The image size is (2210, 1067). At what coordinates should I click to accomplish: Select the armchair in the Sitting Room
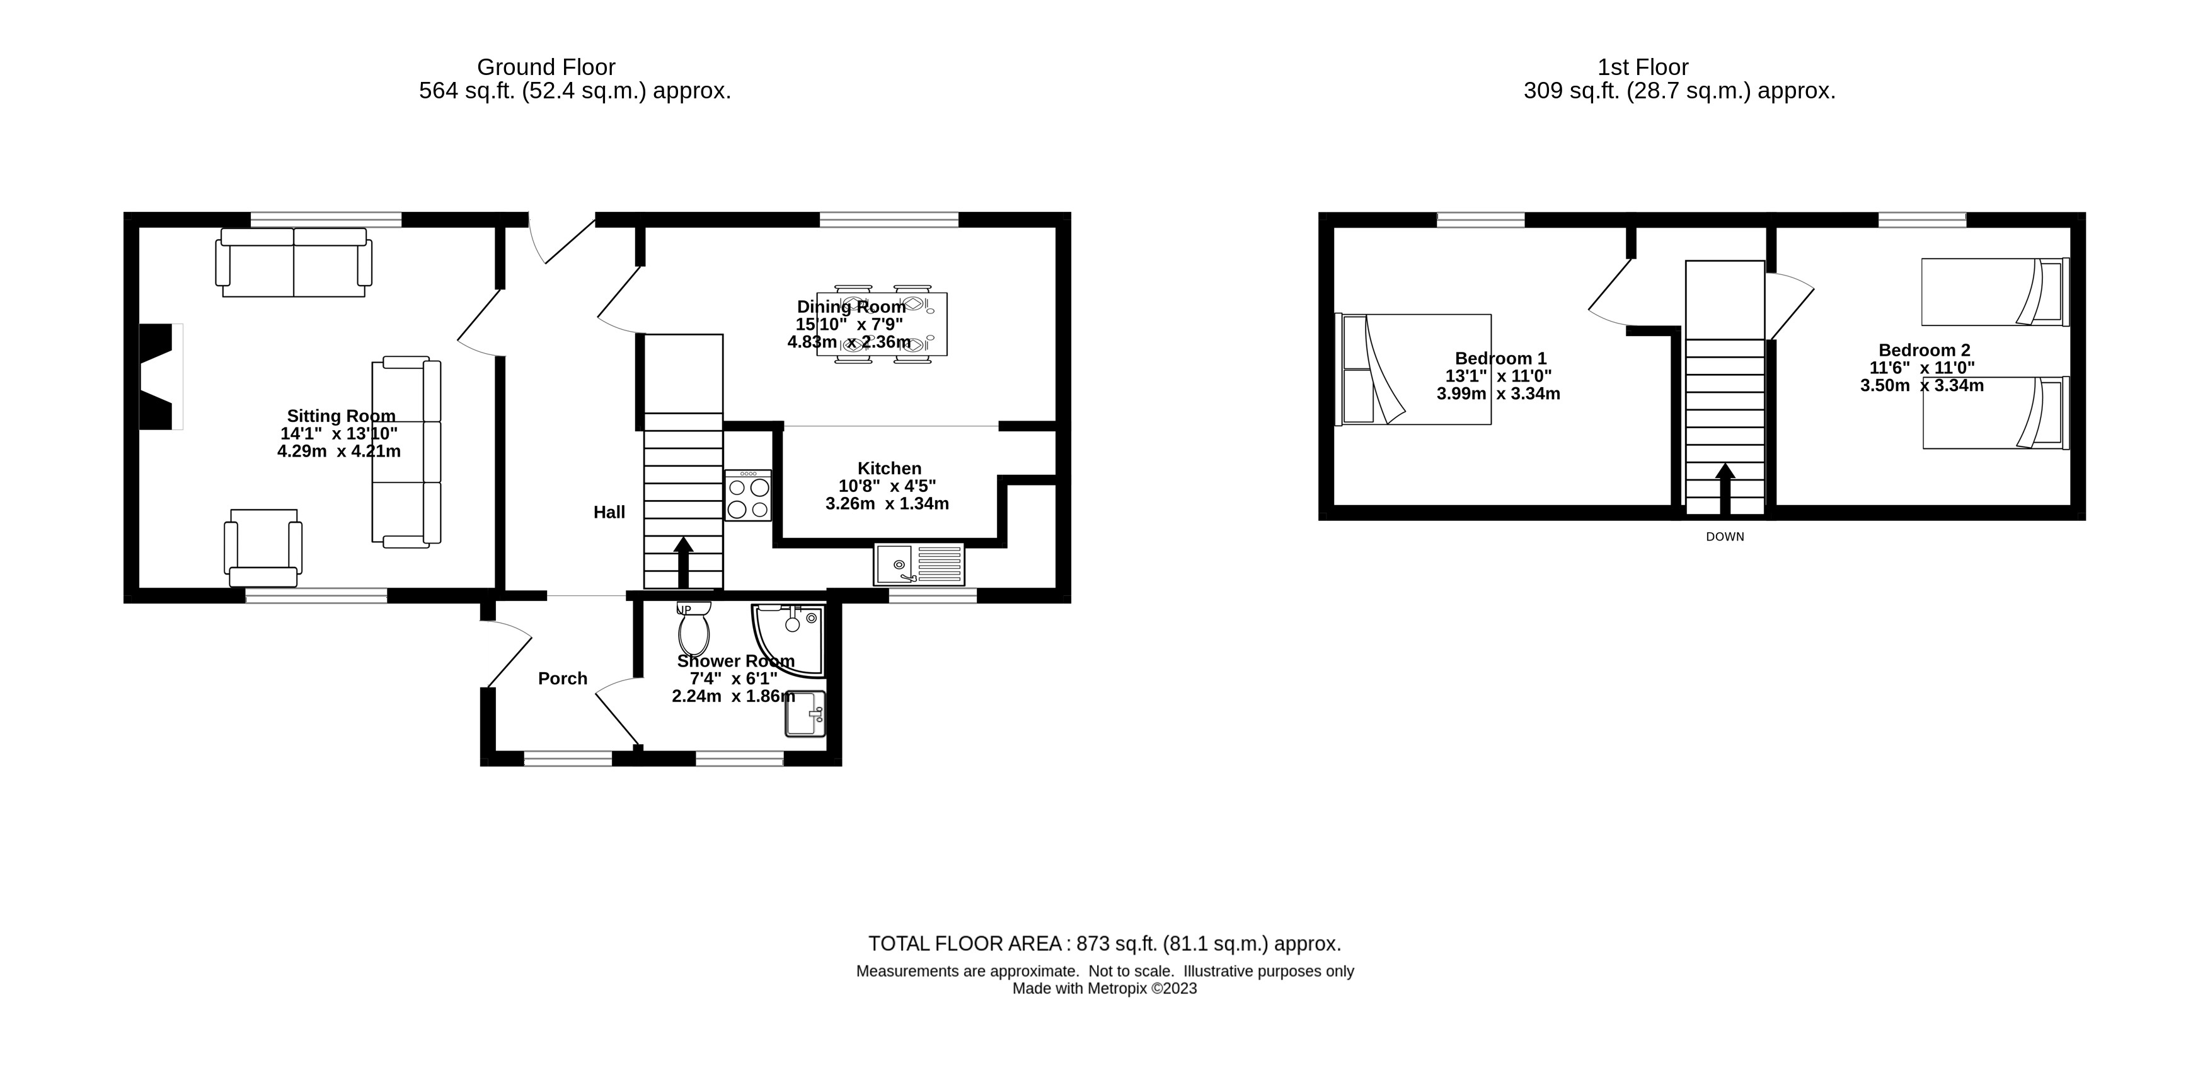click(263, 547)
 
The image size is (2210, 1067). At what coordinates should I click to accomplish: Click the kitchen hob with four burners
click(748, 496)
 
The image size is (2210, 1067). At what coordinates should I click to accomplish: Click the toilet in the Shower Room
click(693, 630)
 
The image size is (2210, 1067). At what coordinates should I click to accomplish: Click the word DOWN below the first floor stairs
click(1724, 537)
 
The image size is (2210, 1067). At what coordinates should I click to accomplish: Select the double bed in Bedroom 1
click(1414, 369)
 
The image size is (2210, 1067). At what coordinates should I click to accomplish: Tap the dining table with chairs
click(882, 324)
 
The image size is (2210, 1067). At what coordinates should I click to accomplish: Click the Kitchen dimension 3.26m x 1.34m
click(887, 504)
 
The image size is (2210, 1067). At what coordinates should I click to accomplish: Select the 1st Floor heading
click(1643, 67)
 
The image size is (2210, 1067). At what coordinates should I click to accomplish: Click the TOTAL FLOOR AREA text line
click(1104, 944)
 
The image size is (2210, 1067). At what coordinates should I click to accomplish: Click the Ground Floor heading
click(546, 67)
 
